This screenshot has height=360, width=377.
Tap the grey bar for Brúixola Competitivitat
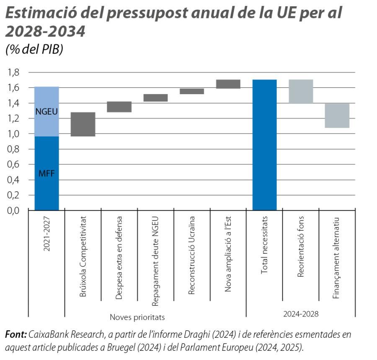pyautogui.click(x=83, y=124)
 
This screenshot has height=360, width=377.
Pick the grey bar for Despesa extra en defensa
pyautogui.click(x=119, y=107)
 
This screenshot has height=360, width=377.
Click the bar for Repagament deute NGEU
pyautogui.click(x=155, y=98)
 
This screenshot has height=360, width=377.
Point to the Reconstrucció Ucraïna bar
pyautogui.click(x=192, y=91)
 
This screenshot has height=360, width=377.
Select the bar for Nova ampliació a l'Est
pyautogui.click(x=228, y=84)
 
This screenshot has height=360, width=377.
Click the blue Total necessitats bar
pyautogui.click(x=264, y=145)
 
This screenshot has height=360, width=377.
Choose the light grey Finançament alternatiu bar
pyautogui.click(x=337, y=116)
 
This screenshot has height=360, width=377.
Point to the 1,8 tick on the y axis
pyautogui.click(x=14, y=72)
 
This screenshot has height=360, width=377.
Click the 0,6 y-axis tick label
pyautogui.click(x=14, y=165)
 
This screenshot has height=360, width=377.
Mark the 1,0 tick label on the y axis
pyautogui.click(x=14, y=134)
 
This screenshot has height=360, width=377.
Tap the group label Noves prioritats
pyautogui.click(x=137, y=317)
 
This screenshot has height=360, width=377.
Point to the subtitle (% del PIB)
pyautogui.click(x=34, y=49)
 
